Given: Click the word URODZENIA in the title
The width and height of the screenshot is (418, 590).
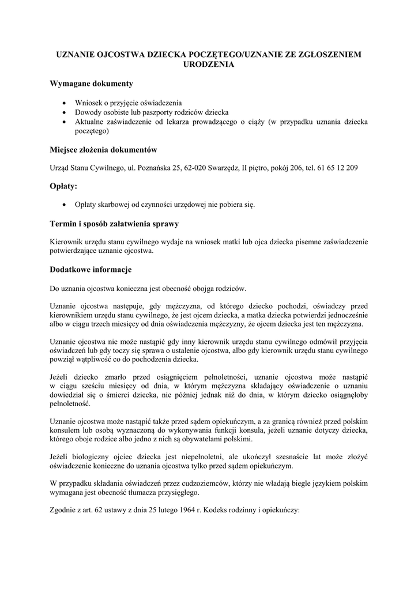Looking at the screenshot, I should tap(209, 65).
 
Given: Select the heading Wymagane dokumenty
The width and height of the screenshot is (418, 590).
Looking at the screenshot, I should tap(92, 84).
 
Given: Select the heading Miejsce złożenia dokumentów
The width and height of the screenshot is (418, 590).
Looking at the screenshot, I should tap(104, 150).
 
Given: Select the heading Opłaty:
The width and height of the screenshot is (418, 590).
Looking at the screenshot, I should tap(64, 187).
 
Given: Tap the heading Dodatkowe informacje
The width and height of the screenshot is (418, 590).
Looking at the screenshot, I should tap(91, 269).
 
